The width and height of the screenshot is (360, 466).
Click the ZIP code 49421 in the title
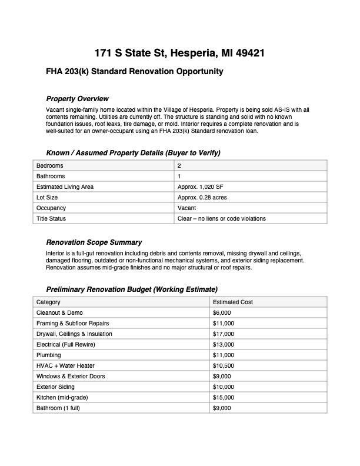pos(249,53)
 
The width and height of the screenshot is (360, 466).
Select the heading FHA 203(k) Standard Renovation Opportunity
pos(135,72)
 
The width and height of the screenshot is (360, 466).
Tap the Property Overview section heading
pos(77,99)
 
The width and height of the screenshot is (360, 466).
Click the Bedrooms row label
pos(50,166)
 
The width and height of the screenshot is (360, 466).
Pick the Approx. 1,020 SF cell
pos(200,187)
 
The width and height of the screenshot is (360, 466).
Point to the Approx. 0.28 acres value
pos(202,198)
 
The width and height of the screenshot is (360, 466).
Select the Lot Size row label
pos(47,198)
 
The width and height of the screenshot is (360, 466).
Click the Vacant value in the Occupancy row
pos(187,208)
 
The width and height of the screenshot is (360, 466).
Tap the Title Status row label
pos(51,219)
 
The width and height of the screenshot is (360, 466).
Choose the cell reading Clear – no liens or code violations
pos(221,219)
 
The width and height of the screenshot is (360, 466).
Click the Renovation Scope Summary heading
pos(94,242)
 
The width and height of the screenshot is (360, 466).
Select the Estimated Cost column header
pos(233,302)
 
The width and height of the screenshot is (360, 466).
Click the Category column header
pos(48,302)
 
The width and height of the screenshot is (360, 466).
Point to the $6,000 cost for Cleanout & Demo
pos(222,313)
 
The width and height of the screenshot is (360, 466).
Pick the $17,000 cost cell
pos(224,334)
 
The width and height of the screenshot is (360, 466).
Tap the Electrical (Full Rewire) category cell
pos(66,345)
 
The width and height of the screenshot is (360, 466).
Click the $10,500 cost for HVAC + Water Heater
pos(224,366)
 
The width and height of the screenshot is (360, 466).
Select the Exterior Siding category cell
pos(55,387)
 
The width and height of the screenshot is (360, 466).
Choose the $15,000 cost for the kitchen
pos(224,398)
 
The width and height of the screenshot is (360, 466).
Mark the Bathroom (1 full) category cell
pos(58,408)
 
